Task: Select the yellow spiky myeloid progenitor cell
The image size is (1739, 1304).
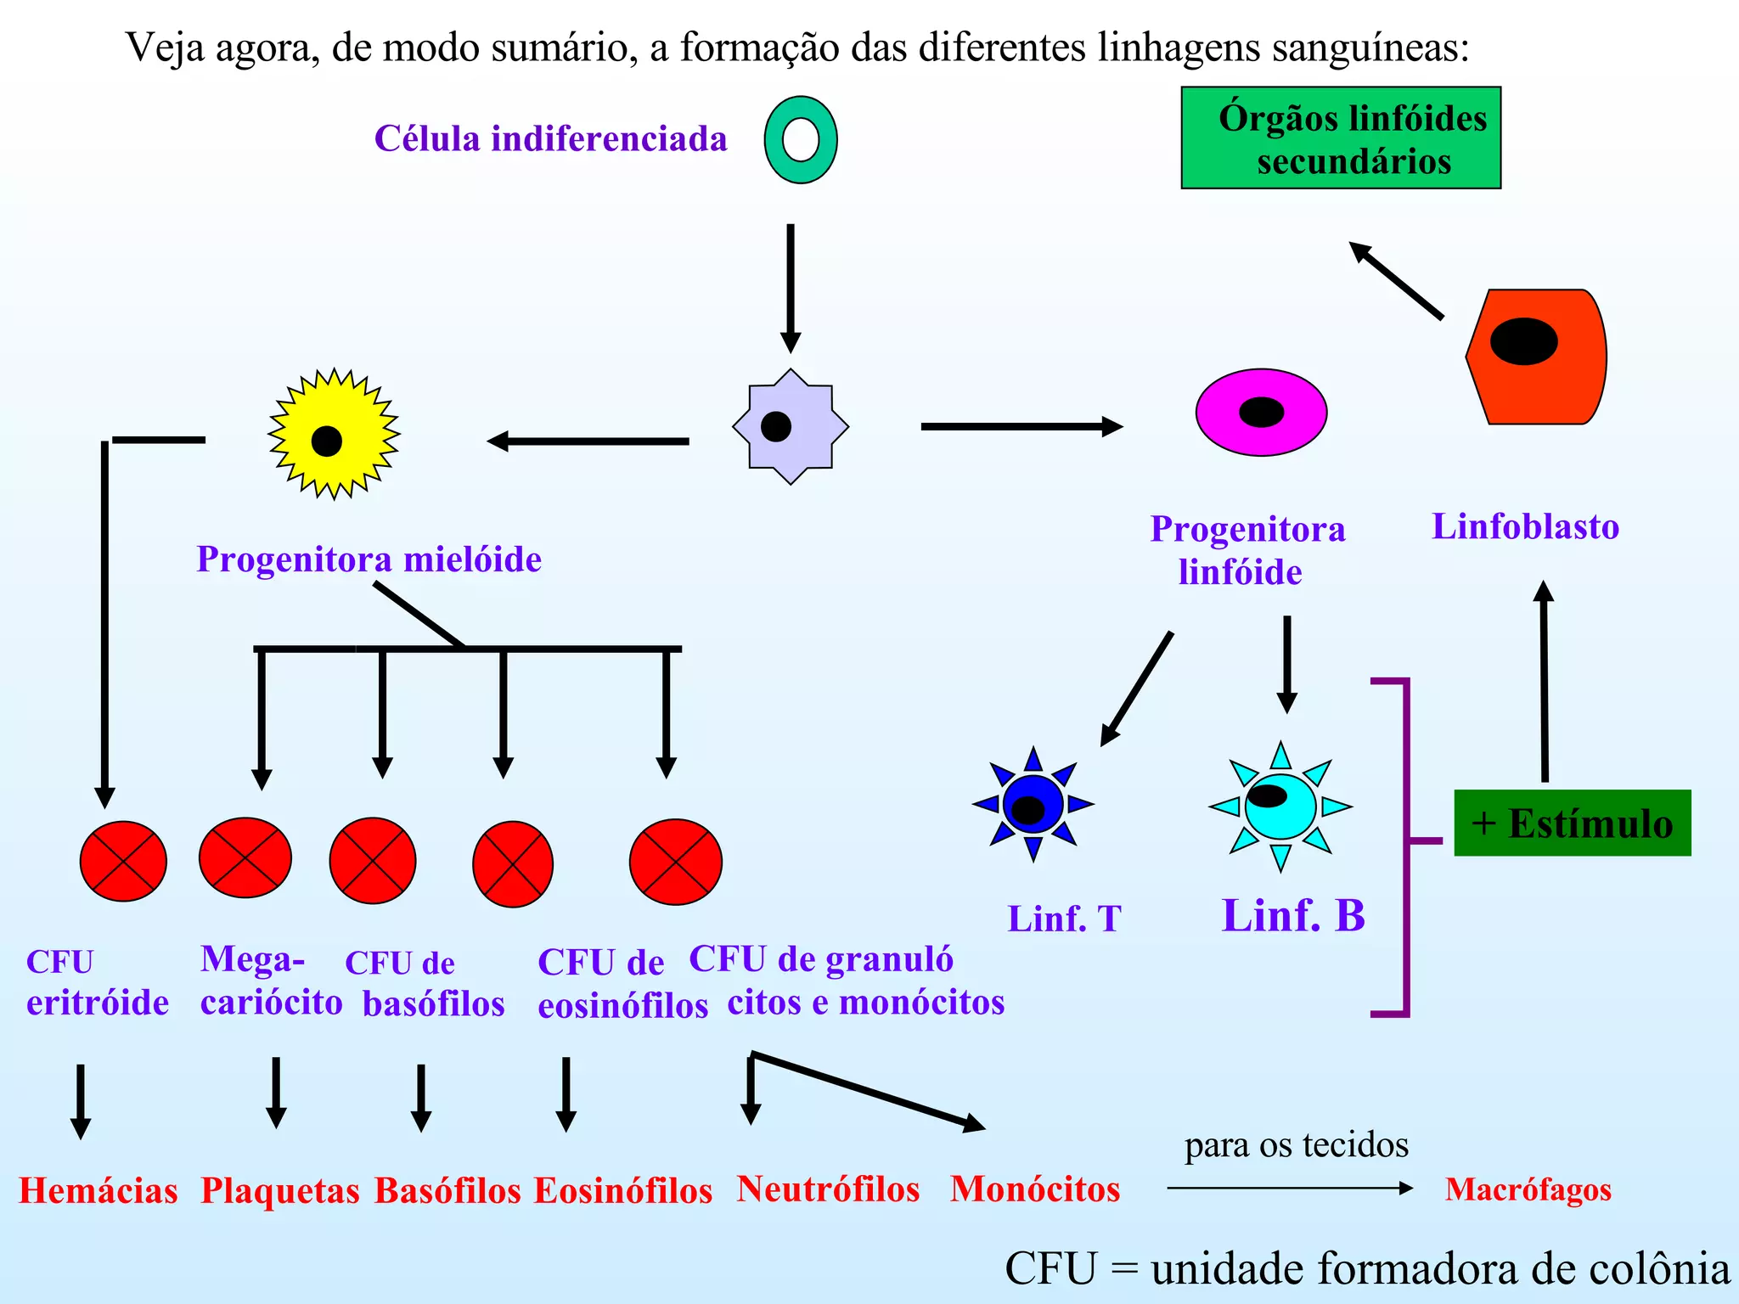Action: coord(333,434)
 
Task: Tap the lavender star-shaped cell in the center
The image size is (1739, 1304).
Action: coord(790,426)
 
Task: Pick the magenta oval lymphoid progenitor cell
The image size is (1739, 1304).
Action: coord(1261,413)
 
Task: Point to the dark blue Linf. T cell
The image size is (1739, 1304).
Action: coord(1033,804)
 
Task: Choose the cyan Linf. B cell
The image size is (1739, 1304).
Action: coord(1280,807)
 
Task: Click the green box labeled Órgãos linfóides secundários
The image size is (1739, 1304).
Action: coord(1341,138)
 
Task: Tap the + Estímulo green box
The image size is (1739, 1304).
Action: coord(1573,823)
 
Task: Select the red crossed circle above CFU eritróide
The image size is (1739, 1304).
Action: coord(123,861)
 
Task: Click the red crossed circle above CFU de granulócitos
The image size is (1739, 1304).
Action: coord(676,862)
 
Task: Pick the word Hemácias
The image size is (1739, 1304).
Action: coord(98,1190)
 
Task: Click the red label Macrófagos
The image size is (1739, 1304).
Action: coord(1528,1189)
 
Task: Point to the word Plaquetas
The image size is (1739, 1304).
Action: coord(279,1190)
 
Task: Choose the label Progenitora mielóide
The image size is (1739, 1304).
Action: coord(369,559)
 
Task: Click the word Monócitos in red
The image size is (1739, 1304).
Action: coord(1035,1189)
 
